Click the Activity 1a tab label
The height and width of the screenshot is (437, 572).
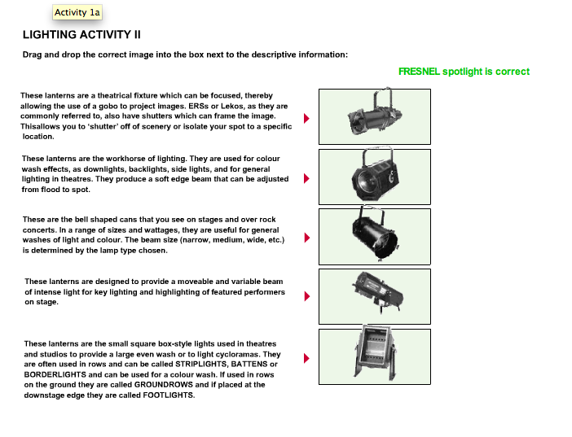(x=77, y=12)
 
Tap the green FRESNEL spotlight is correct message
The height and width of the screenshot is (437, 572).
(x=464, y=72)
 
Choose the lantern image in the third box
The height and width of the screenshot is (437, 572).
(x=374, y=236)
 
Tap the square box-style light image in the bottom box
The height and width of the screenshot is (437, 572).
(x=374, y=356)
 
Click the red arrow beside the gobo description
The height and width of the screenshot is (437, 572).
(x=307, y=118)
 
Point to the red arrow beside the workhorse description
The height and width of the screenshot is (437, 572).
(x=307, y=178)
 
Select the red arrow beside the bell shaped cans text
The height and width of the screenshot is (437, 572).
(x=307, y=238)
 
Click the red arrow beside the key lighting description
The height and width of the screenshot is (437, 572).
(x=307, y=295)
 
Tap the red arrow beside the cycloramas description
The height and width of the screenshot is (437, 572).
(x=307, y=357)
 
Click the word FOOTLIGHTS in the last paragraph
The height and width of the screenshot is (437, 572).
(x=169, y=395)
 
